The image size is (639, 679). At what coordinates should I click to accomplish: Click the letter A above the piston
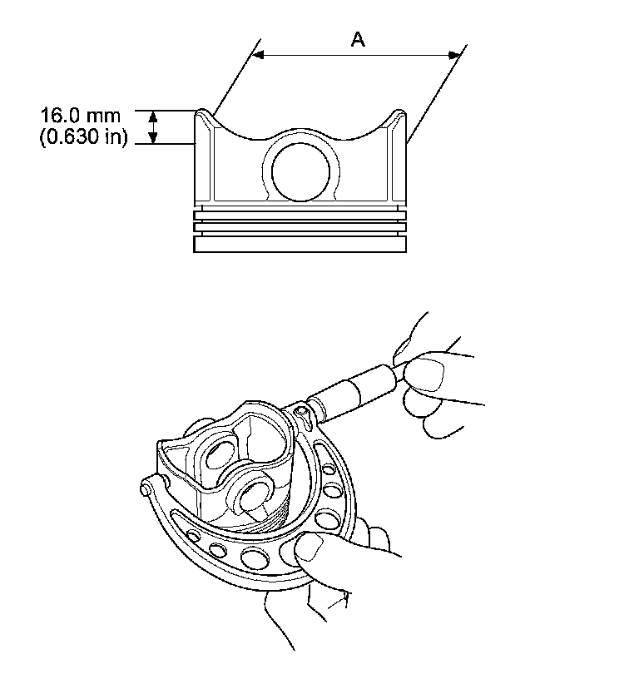[358, 39]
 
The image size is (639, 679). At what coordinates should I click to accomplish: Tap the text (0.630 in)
[83, 138]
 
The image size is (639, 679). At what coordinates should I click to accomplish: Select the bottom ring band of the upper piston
[301, 245]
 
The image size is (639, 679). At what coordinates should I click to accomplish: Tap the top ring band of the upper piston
[301, 215]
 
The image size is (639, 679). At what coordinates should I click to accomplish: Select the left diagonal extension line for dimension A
[233, 80]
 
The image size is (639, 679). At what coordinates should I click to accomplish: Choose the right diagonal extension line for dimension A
[434, 97]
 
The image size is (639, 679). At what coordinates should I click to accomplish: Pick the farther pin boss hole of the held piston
[218, 454]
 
